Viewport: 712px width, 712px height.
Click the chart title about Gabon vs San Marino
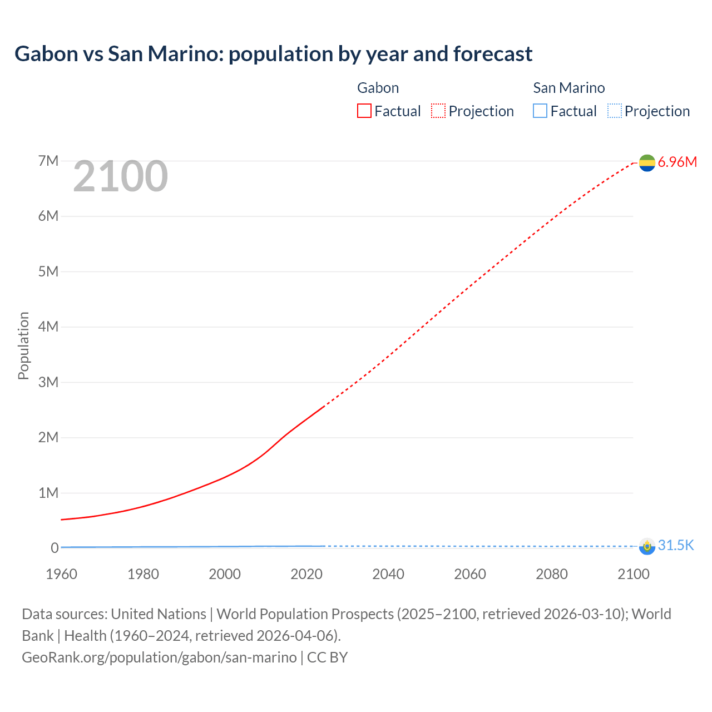(x=273, y=54)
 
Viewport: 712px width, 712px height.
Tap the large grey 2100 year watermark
(x=120, y=176)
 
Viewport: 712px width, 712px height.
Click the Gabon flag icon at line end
(x=647, y=162)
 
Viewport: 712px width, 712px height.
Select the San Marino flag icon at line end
(x=647, y=546)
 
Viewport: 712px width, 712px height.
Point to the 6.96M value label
(x=677, y=162)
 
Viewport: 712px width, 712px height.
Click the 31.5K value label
(x=676, y=546)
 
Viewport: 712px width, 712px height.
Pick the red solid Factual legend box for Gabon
(x=364, y=111)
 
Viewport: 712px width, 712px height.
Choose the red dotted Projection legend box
(x=438, y=111)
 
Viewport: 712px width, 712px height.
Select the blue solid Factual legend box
(x=540, y=111)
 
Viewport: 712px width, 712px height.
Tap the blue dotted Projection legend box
(x=614, y=111)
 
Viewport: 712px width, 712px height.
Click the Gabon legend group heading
(x=378, y=88)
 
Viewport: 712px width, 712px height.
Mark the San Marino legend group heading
(x=568, y=88)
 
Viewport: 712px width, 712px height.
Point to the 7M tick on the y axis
(x=48, y=161)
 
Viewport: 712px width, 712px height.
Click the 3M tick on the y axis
(x=48, y=382)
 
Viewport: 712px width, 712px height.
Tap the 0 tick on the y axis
(x=55, y=548)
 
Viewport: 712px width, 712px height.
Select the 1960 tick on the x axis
(x=62, y=574)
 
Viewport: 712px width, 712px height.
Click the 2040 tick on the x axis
(x=388, y=574)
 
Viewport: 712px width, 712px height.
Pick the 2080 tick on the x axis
(x=552, y=574)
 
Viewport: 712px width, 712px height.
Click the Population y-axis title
(x=23, y=345)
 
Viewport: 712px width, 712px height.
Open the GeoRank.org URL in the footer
(x=159, y=657)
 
